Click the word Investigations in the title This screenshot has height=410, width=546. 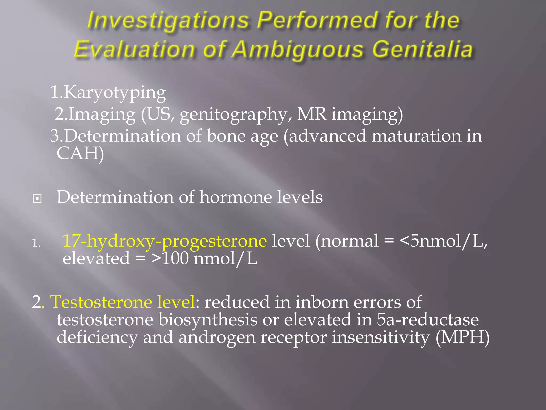(168, 21)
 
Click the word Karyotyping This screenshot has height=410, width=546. (115, 93)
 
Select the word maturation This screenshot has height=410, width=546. (416, 136)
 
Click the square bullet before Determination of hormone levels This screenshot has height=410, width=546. (37, 199)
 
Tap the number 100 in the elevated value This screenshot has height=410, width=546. (175, 258)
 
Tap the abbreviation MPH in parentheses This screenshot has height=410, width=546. (463, 337)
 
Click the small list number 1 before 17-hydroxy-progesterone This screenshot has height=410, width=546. (35, 243)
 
